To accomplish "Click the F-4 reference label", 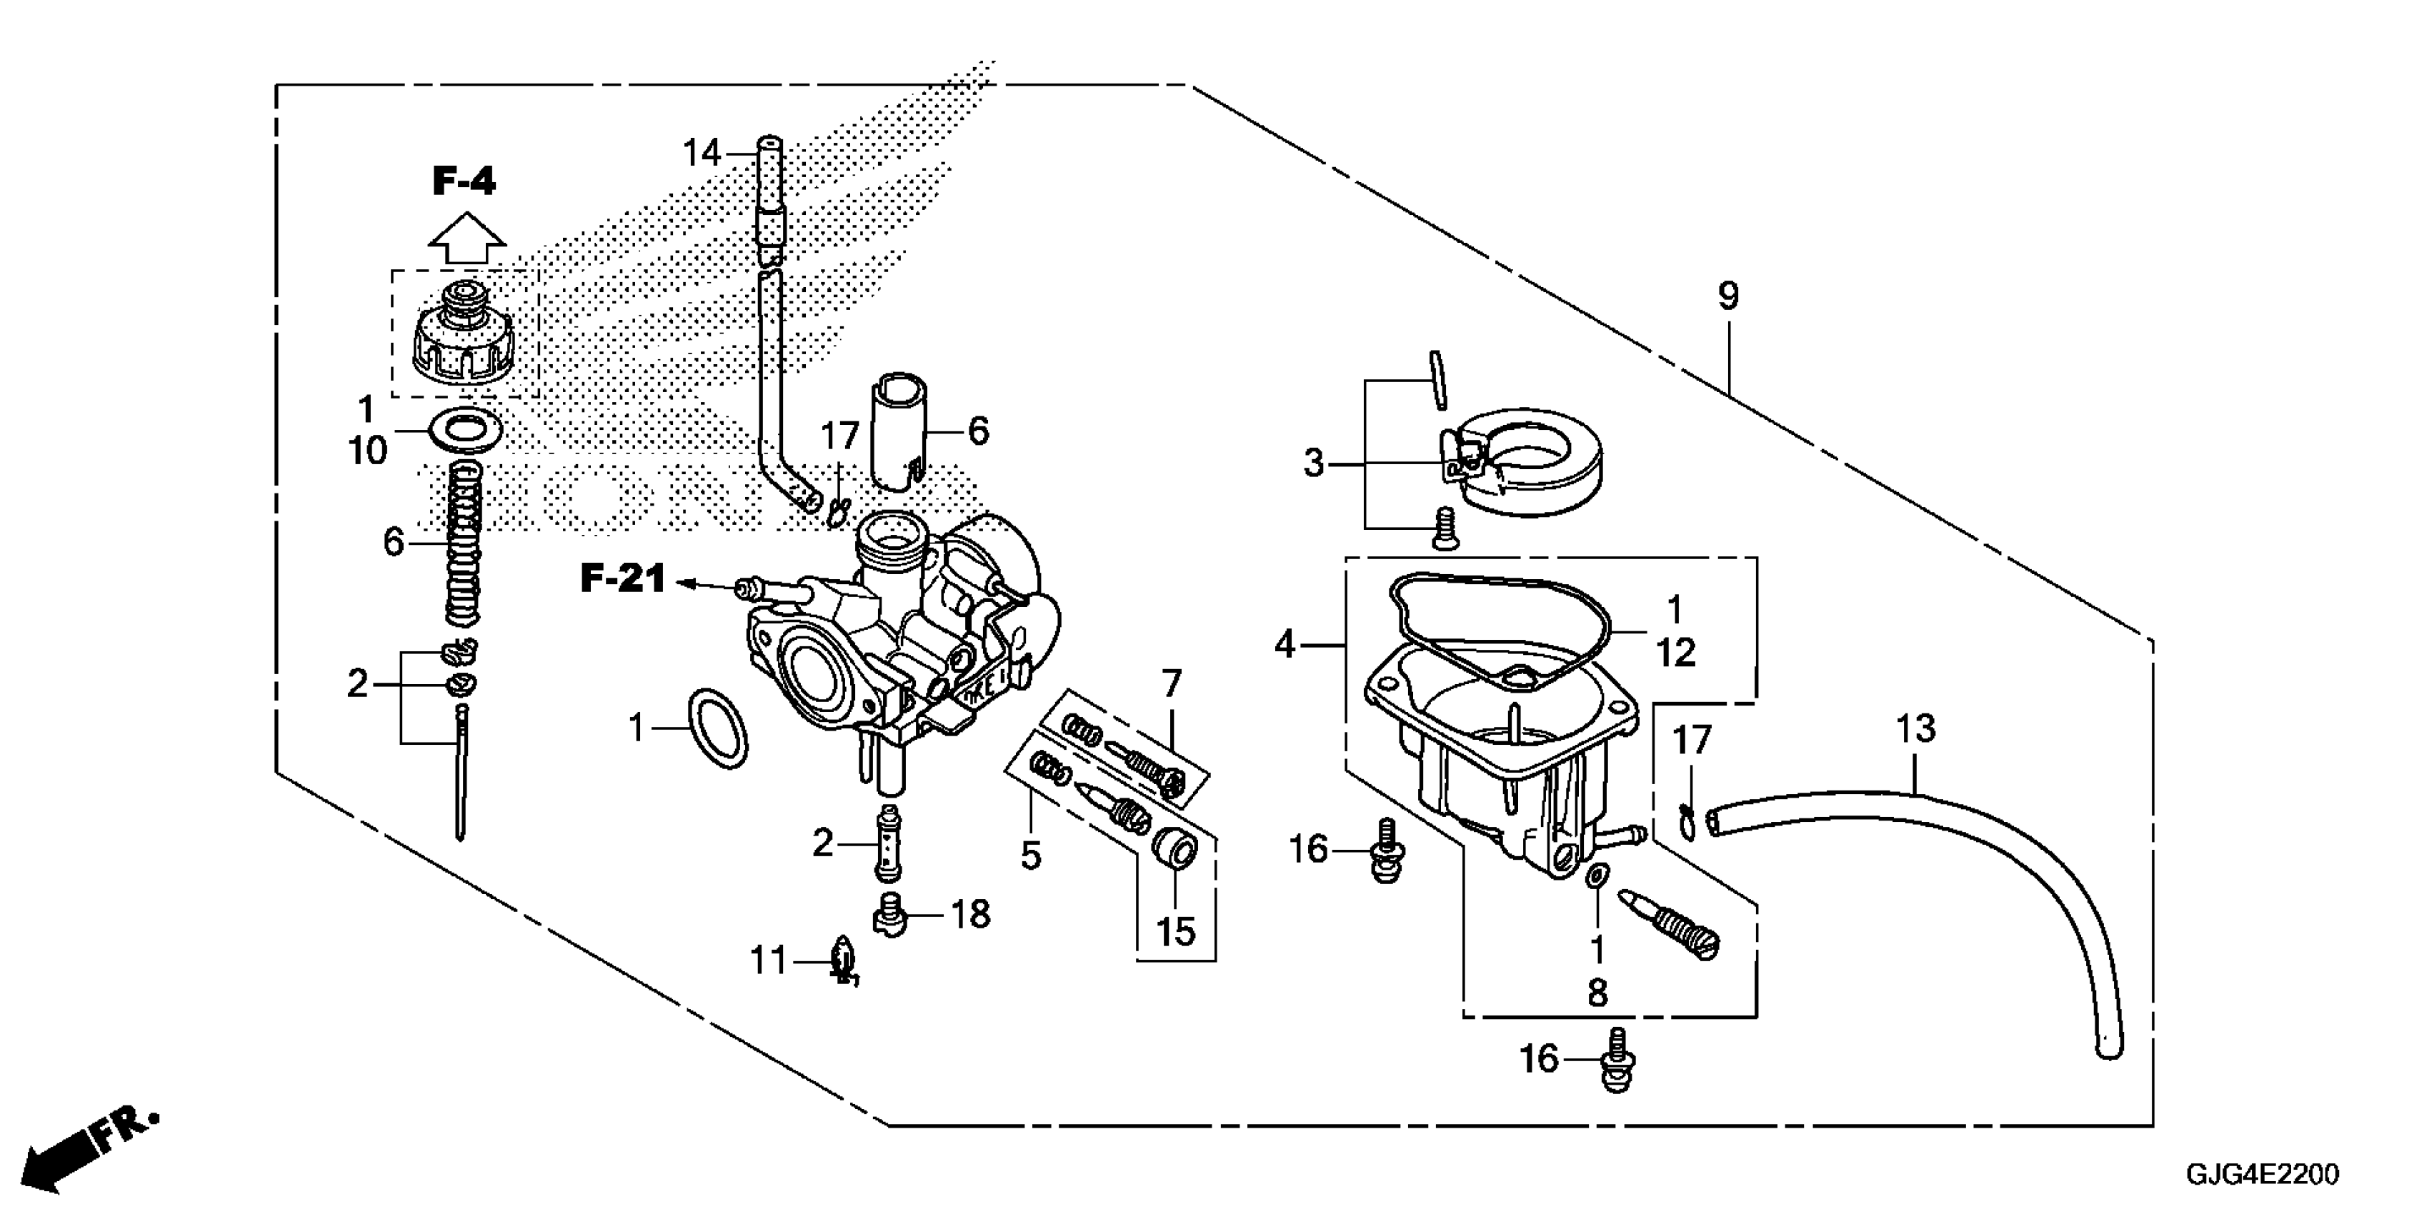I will pos(464,181).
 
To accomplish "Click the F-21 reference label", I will pos(622,578).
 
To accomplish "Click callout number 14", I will pos(702,153).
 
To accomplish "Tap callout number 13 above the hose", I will pos(1916,728).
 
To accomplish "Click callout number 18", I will pos(970,914).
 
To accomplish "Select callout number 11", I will pos(767,961).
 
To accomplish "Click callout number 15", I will pos(1175,932).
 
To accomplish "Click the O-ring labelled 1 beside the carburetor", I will pos(719,728).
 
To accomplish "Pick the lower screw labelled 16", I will pos(1616,1063).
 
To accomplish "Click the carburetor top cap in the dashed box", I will pos(464,335).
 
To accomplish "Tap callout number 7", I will pos(1171,684).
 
